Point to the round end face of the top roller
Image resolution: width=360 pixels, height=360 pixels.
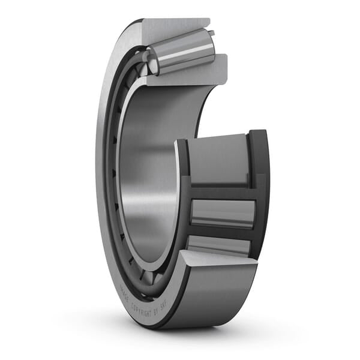152,62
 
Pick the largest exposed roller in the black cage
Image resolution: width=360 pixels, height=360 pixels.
220,159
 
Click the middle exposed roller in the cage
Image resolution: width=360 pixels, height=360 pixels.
222,213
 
